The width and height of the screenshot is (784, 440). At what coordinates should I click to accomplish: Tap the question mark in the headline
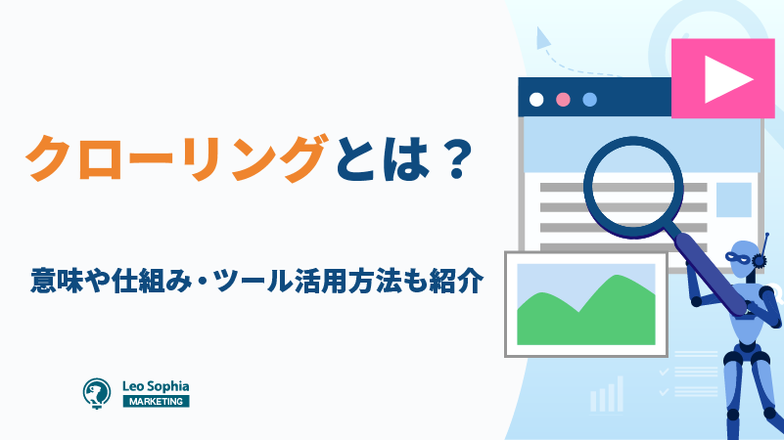pos(455,158)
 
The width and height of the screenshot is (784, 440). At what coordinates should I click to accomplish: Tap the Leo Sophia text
pos(156,386)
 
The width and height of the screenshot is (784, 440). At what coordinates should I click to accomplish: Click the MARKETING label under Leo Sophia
pos(156,401)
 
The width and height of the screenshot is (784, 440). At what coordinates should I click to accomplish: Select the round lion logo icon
pos(97,393)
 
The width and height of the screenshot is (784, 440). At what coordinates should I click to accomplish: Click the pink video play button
pos(722,78)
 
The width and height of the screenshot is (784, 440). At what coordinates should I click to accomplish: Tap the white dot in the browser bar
pos(536,100)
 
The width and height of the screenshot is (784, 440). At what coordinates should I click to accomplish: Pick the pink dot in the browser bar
pos(563,100)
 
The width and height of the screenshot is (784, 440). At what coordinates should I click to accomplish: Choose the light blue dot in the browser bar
pos(590,100)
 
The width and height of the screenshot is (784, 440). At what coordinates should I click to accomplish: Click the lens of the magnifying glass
pos(633,187)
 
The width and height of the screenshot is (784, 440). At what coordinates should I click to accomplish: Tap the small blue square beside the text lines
pos(734,199)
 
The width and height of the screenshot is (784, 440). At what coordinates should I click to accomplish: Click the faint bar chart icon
pos(607,394)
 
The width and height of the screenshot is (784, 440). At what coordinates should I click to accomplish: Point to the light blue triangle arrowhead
pos(542,38)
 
